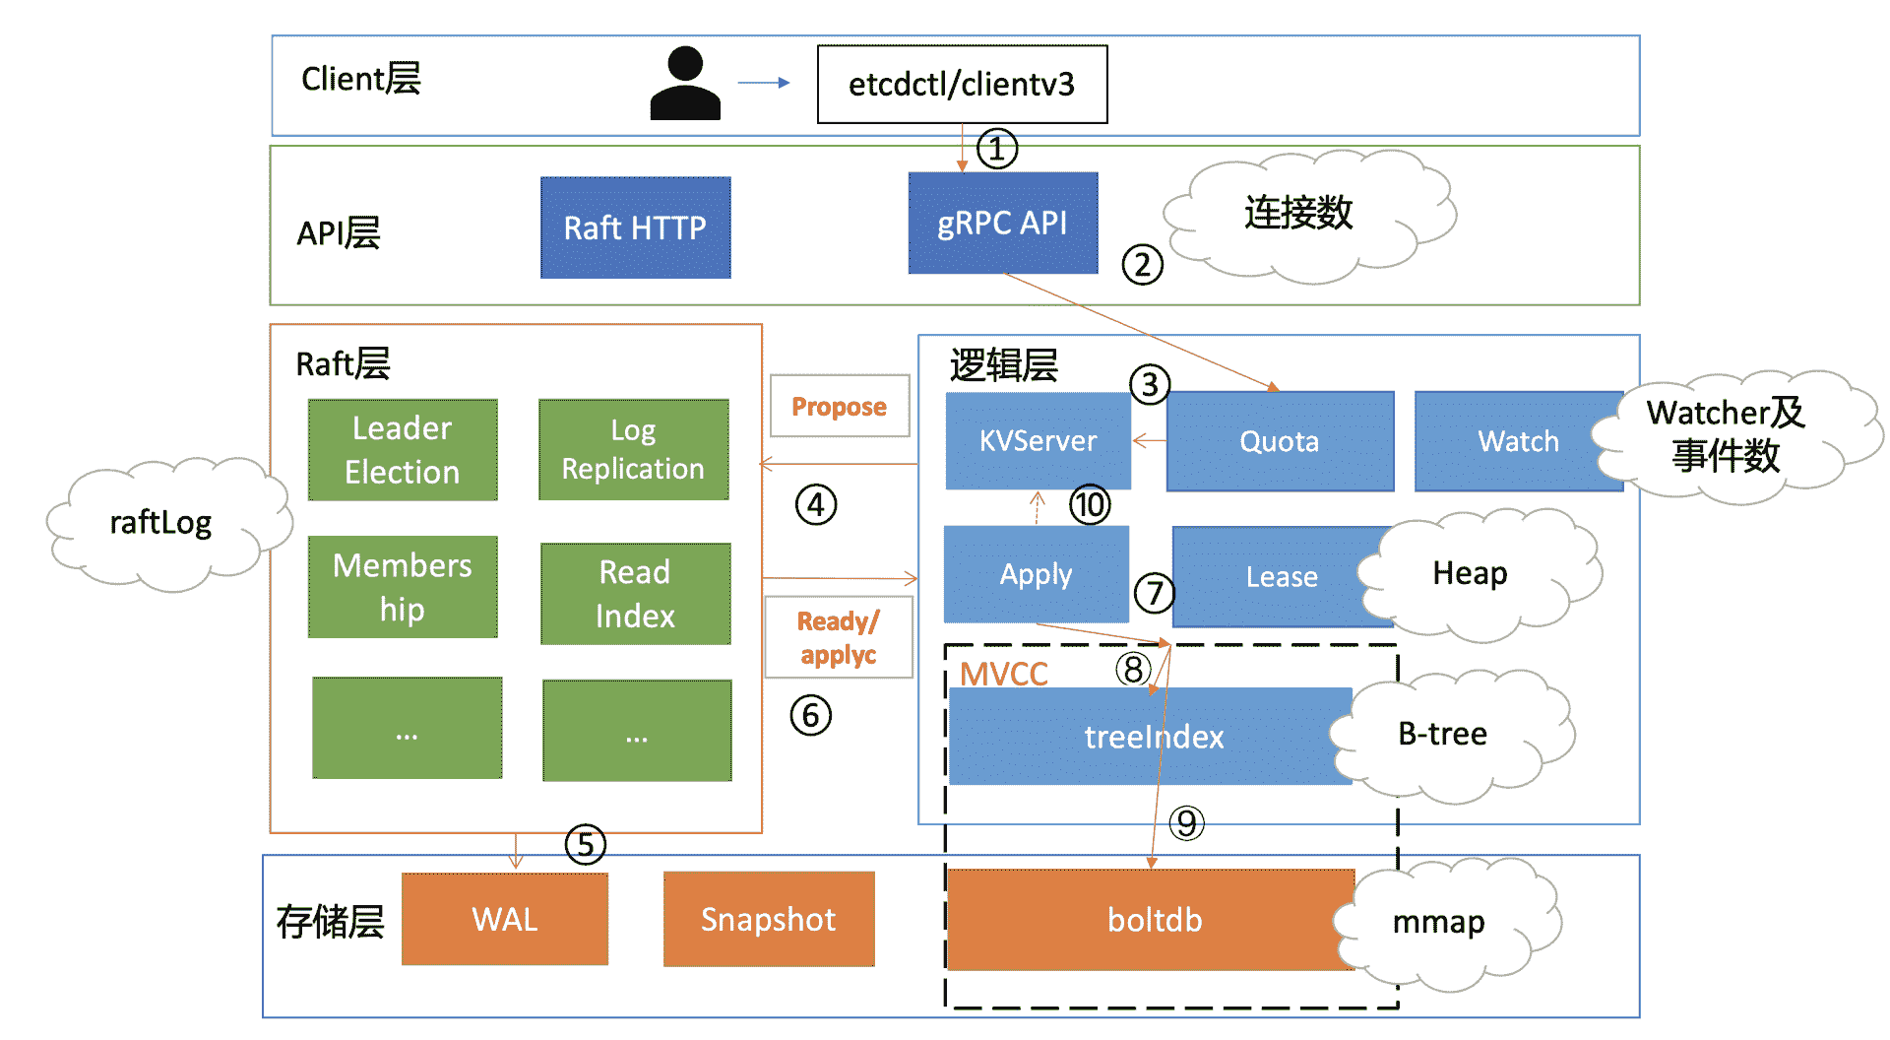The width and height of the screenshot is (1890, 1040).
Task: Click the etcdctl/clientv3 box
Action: click(962, 85)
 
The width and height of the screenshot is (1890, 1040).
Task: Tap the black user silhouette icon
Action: click(685, 84)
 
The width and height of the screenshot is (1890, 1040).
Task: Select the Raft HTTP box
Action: click(636, 227)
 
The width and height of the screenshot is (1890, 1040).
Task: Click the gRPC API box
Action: click(1003, 224)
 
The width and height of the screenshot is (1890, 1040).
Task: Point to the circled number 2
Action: click(1143, 265)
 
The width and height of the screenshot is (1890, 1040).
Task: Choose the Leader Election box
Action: click(403, 450)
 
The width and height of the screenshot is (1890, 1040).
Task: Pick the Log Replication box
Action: click(634, 450)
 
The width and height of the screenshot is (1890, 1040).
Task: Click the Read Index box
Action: click(636, 594)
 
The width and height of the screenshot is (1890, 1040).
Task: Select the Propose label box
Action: click(840, 406)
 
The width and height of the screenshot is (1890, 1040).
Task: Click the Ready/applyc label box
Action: click(839, 637)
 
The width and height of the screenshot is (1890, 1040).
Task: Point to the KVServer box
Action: click(1039, 441)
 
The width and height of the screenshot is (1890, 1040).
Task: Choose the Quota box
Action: click(1280, 441)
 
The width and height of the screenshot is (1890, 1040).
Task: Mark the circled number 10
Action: click(1090, 505)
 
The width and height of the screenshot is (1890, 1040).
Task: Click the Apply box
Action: click(1037, 574)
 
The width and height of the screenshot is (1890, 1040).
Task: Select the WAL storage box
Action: click(505, 919)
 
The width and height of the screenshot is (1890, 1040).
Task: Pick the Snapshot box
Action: click(769, 919)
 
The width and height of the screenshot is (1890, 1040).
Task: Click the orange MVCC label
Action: click(1004, 674)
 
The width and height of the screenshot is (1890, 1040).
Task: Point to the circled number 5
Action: click(586, 845)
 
